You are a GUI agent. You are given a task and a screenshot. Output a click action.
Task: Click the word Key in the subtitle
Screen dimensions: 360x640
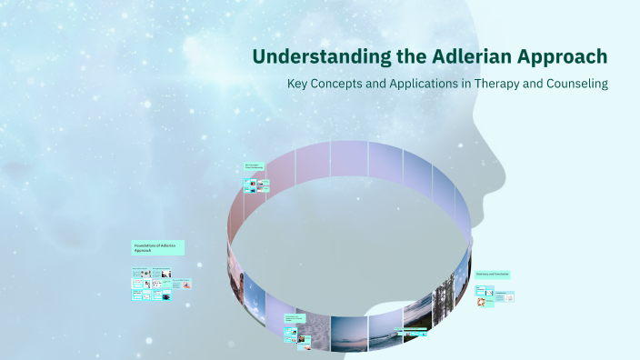click(297, 84)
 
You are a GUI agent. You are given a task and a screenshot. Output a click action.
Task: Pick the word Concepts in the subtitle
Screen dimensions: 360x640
click(342, 84)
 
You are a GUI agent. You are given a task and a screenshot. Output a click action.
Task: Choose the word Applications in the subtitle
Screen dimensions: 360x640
click(420, 84)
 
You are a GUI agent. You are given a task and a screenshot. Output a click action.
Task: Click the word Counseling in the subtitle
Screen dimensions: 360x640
click(576, 84)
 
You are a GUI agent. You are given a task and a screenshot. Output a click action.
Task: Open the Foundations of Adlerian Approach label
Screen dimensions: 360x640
click(158, 247)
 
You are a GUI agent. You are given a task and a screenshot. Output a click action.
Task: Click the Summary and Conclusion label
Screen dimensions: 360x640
click(492, 274)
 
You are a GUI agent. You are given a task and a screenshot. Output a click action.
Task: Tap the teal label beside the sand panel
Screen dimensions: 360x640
click(295, 319)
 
